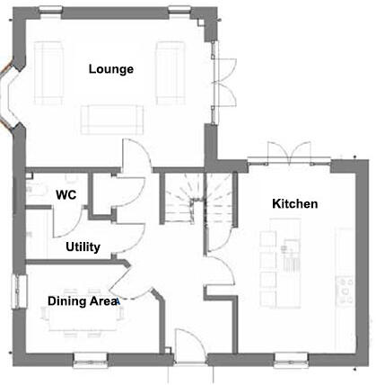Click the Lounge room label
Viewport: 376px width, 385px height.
pos(111,69)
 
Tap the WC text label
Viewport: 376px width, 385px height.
pos(66,194)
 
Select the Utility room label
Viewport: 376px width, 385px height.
pos(83,246)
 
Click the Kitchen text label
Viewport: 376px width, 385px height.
pos(294,204)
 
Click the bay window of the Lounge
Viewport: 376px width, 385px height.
pos(13,95)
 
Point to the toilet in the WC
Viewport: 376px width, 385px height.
pos(33,190)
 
